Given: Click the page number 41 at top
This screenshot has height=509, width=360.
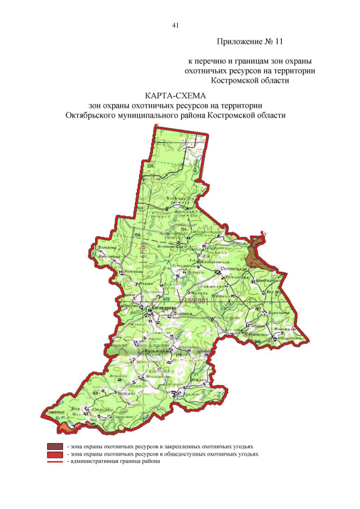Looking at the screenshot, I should [x=176, y=25].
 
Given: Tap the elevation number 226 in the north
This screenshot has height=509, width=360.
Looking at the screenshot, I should [x=150, y=166].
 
